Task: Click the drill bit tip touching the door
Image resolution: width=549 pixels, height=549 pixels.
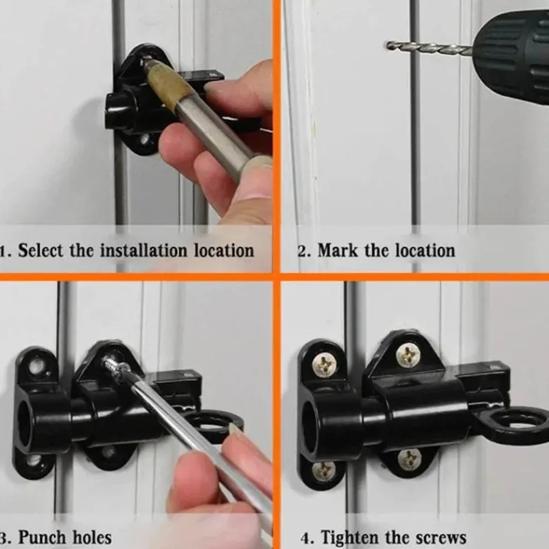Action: tap(388, 45)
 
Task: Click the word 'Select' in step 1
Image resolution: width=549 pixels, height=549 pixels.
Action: tap(40, 250)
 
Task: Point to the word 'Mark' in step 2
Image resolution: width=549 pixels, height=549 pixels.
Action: tap(338, 250)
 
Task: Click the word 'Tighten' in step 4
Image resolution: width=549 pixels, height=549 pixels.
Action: tap(350, 538)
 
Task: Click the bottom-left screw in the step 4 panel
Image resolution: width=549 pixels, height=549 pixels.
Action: tap(323, 471)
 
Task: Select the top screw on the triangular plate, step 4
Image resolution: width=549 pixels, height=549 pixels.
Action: tap(408, 355)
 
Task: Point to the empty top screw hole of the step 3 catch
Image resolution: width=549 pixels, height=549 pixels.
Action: tap(37, 367)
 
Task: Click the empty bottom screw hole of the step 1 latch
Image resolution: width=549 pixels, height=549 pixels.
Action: tap(144, 141)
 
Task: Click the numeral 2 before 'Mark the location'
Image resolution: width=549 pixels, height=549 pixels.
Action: tap(302, 251)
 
